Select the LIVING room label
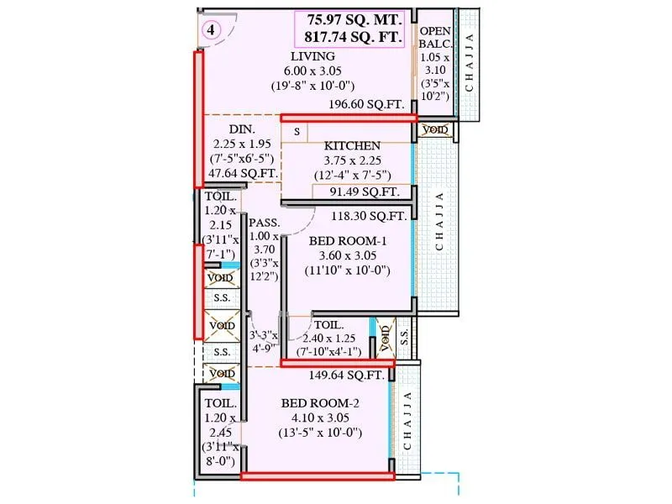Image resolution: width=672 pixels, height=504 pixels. click(x=312, y=56)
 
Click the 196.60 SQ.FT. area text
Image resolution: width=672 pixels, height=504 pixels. click(x=367, y=104)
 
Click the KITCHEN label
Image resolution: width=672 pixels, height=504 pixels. click(x=352, y=145)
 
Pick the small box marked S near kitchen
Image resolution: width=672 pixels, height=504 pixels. click(x=296, y=132)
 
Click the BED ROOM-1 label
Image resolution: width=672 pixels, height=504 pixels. click(x=349, y=239)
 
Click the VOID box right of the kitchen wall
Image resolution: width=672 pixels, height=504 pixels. click(x=435, y=130)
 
